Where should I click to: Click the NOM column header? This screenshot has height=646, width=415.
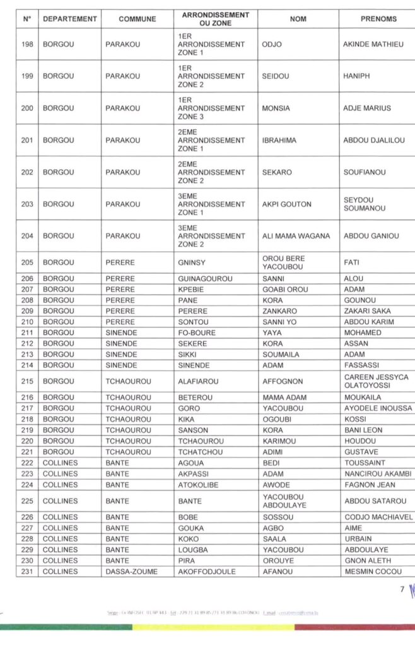(x=298, y=19)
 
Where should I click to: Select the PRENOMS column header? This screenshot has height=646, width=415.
(x=378, y=19)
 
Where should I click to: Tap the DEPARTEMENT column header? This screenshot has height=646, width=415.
(x=70, y=19)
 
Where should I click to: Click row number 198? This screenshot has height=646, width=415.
(x=27, y=44)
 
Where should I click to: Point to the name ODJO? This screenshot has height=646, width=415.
(x=271, y=44)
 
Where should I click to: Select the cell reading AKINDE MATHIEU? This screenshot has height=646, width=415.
(x=373, y=44)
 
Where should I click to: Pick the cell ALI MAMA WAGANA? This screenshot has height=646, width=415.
(x=295, y=236)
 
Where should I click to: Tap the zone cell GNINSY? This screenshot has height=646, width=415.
(x=192, y=262)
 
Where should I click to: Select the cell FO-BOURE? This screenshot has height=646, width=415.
(x=197, y=332)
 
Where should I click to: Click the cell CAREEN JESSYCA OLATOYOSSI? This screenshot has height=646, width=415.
(x=376, y=381)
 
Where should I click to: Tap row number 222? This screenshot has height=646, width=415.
(x=27, y=463)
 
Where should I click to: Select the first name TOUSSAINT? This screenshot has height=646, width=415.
(x=366, y=463)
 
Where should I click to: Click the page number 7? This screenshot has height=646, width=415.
(x=402, y=589)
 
